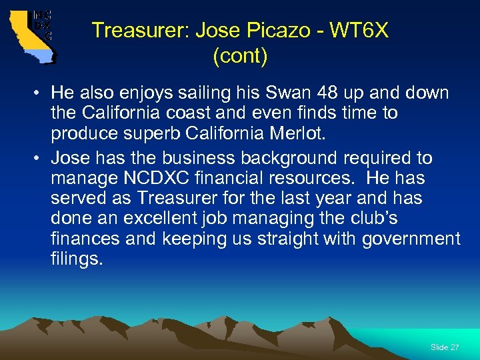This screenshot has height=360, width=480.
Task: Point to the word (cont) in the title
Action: (240, 57)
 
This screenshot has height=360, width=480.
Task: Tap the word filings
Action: (77, 259)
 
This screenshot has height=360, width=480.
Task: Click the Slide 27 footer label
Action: (445, 347)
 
